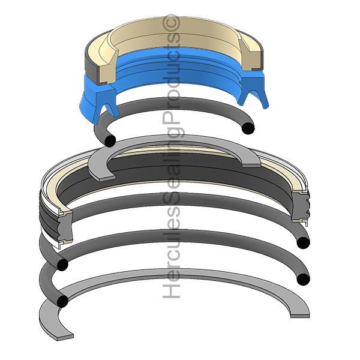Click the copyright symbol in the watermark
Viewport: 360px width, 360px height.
[171, 22]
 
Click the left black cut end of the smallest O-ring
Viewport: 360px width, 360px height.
[110, 140]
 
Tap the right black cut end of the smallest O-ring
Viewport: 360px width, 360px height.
[248, 128]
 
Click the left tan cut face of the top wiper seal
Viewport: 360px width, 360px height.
[107, 68]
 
